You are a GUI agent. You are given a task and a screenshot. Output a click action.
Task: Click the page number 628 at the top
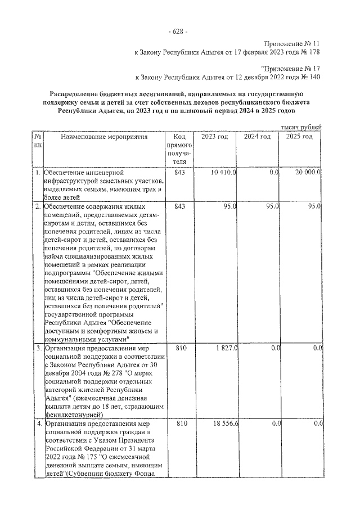coord(180,30)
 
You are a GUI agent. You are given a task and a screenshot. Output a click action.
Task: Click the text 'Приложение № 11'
coord(293,43)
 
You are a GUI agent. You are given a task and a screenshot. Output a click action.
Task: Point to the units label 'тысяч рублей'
coord(301,128)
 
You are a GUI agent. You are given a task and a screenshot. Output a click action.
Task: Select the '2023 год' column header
coord(214,137)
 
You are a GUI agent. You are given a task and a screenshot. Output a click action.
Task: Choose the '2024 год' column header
coord(257,137)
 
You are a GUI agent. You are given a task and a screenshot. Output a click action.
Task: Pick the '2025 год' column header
coord(299,137)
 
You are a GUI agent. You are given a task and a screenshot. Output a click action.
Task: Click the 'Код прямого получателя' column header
coord(179,149)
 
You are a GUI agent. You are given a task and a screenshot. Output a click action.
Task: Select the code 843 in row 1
coord(179,172)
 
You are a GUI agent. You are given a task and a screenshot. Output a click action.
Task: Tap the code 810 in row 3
coord(179,348)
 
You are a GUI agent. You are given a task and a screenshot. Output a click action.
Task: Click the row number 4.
coord(38,422)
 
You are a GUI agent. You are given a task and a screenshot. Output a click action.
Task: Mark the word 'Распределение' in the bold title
coord(74,94)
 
